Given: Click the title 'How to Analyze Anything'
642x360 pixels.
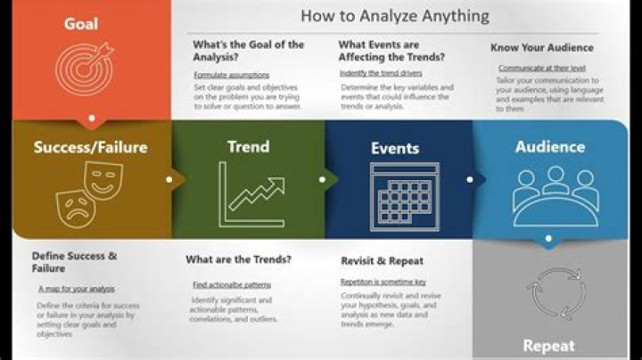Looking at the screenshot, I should (394, 15).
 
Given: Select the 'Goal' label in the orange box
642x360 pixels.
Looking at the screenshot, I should (81, 24).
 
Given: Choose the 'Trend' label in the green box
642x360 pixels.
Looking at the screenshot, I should (248, 146).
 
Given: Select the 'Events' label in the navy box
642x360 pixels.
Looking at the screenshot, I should (395, 148).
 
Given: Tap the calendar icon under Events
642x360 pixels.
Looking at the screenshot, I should (404, 197).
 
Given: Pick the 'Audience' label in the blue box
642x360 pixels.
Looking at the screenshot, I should (550, 146).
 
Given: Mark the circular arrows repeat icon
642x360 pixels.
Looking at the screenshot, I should (549, 289).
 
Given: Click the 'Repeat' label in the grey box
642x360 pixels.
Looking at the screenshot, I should (548, 346).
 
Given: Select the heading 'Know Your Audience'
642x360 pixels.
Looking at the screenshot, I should (541, 47).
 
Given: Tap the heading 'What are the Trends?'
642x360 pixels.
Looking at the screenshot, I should (238, 260).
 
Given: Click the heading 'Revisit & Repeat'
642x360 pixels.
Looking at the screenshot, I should (382, 261).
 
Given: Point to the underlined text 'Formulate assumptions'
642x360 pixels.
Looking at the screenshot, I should (231, 75).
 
